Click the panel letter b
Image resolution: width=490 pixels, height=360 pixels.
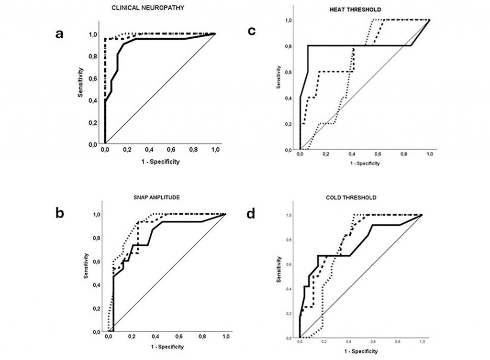(x=60, y=213)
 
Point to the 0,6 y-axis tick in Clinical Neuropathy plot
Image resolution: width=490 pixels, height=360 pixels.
(x=93, y=78)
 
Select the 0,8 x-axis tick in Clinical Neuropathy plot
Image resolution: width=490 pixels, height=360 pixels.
(x=193, y=150)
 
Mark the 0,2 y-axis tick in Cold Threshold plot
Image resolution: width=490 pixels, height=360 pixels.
(x=289, y=314)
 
